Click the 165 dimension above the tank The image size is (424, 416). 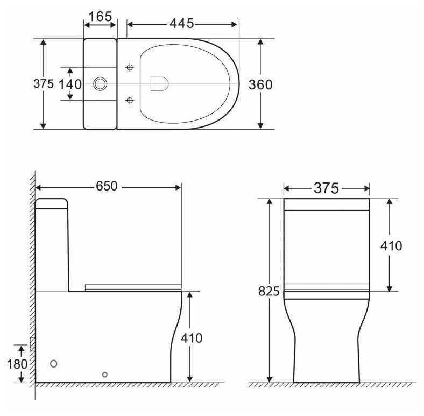pyautogui.click(x=100, y=17)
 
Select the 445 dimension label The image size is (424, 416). pyautogui.click(x=182, y=24)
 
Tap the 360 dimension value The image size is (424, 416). pyautogui.click(x=260, y=84)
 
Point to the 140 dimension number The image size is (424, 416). pyautogui.click(x=70, y=84)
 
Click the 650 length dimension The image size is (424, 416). pyautogui.click(x=107, y=186)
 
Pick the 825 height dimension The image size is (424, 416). pyautogui.click(x=269, y=291)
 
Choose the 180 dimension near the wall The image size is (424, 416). pyautogui.click(x=17, y=364)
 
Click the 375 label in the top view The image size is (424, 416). pyautogui.click(x=44, y=83)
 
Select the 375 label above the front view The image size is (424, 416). pyautogui.click(x=326, y=188)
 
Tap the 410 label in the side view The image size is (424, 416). pyautogui.click(x=192, y=338)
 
